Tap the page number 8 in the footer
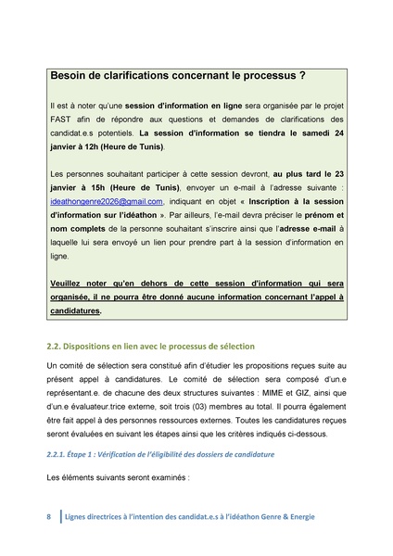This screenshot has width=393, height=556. pyautogui.click(x=49, y=515)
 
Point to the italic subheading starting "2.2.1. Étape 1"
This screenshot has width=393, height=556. pyautogui.click(x=161, y=454)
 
